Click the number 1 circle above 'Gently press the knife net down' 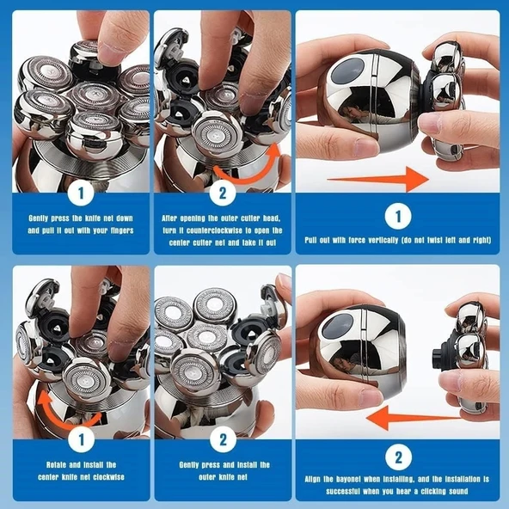[x=80, y=191]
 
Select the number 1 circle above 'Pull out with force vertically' [x=397, y=214]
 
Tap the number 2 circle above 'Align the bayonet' [x=397, y=456]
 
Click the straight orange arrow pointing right [x=378, y=180]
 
